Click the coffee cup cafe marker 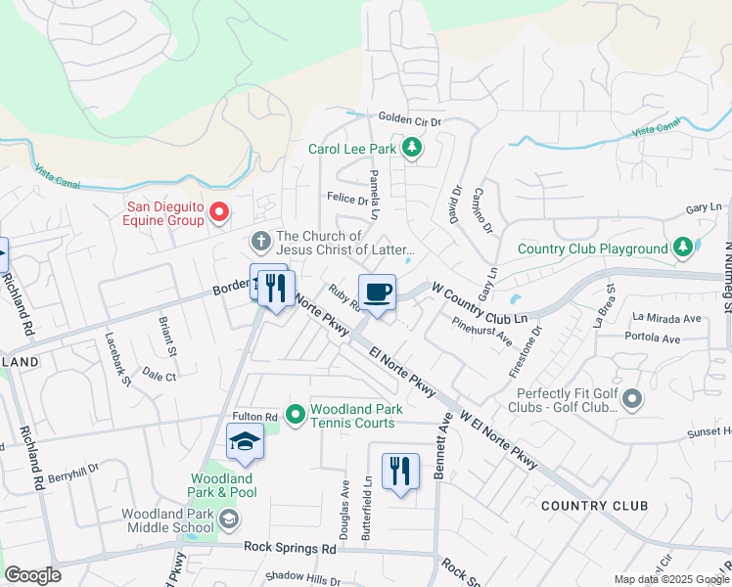pos(377,291)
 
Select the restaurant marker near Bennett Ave pos(399,471)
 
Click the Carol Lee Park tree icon pos(413,149)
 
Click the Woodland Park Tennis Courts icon pos(294,416)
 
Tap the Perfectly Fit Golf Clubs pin pos(631,398)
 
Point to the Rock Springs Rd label pos(290,549)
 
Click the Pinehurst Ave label pos(482,331)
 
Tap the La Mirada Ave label pos(666,318)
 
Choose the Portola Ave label pos(656,339)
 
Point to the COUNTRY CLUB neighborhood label pos(593,506)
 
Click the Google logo pos(32,575)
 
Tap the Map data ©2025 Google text pos(670,579)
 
